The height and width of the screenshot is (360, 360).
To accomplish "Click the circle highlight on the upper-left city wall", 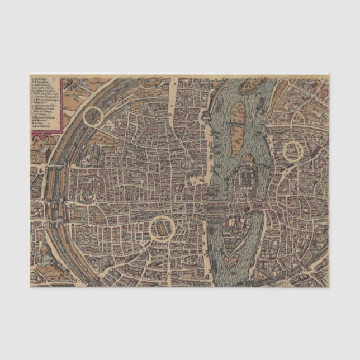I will (x=93, y=117).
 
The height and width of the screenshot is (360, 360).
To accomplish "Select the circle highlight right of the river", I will (x=292, y=151).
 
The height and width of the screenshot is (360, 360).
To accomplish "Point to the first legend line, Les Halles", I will (x=41, y=79).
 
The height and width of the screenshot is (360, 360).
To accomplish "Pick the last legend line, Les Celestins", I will (x=44, y=130).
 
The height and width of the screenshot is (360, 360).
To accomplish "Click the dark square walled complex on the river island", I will (x=247, y=178).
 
